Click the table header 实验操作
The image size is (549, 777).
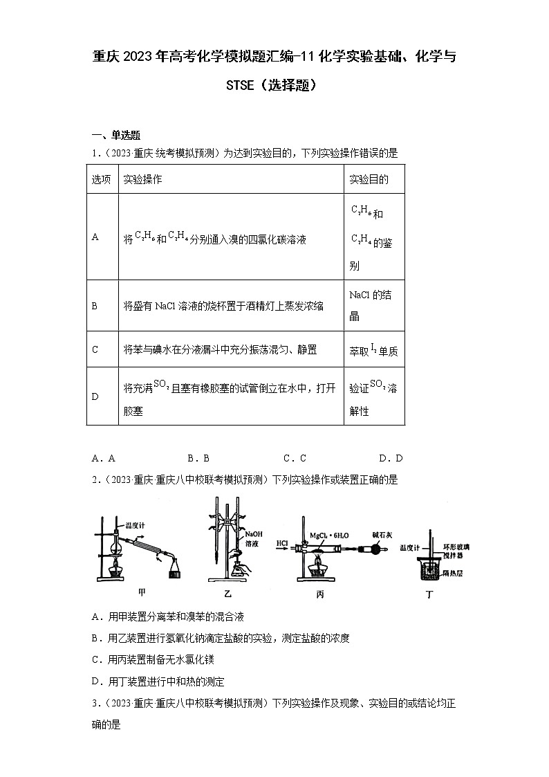point(142,179)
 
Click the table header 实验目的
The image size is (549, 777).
point(369,179)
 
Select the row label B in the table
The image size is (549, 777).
point(95,305)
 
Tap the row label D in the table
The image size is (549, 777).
point(95,396)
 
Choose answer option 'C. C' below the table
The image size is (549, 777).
point(295,458)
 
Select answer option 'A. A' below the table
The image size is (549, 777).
point(103,458)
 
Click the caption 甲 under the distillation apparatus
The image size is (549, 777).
point(142,592)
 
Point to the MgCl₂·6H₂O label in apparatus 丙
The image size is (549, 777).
point(332,535)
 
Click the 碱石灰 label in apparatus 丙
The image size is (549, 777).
point(382,534)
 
